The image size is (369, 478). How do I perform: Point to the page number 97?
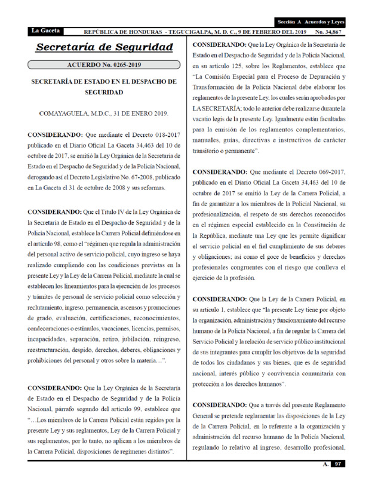tap(337, 464)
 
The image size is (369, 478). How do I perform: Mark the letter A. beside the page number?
tap(325, 464)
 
